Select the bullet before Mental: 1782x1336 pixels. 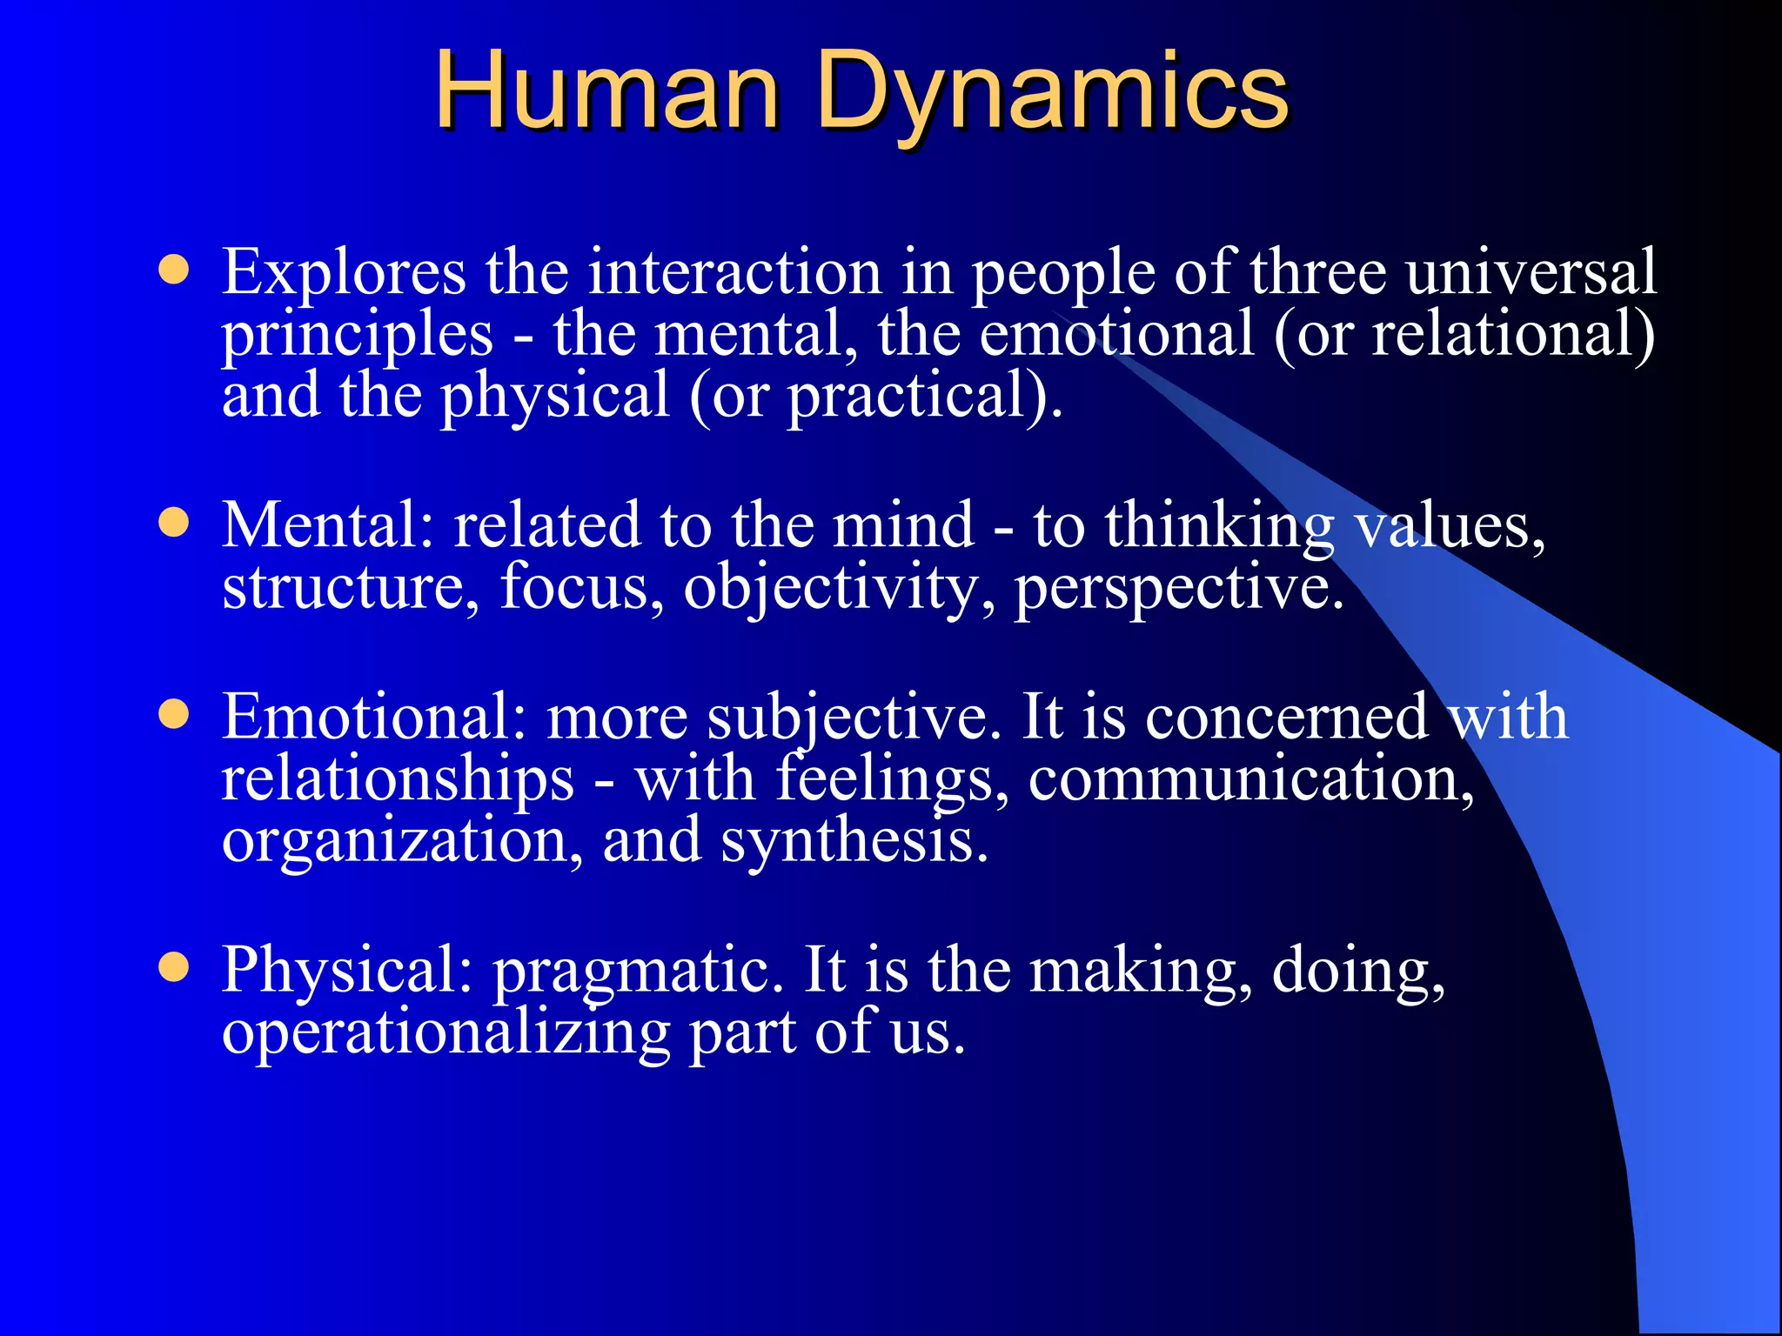(x=174, y=524)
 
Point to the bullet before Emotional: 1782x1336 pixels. (x=174, y=715)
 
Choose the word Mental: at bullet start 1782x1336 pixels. (x=327, y=525)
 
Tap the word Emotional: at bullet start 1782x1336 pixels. (x=374, y=717)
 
